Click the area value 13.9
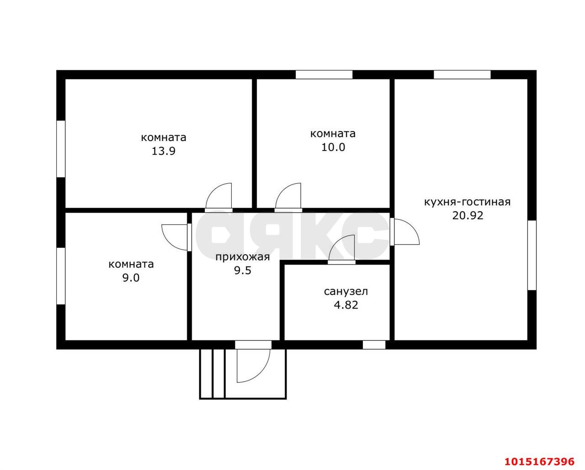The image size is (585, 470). coord(163,151)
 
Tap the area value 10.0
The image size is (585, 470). coord(333,147)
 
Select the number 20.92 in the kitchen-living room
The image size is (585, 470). coord(468,215)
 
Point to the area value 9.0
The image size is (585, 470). coord(131,277)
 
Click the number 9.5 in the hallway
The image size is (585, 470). coord(243,270)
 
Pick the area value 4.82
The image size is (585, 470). coord(346,305)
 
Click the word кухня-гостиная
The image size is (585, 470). coord(467,202)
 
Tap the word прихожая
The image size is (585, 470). coord(243,257)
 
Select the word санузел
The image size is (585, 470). coord(346,292)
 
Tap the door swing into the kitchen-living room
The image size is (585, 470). coord(405,232)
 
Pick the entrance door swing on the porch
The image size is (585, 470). coord(252,365)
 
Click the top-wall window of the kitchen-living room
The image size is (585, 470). coord(462,75)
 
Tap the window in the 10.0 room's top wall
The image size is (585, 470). coord(324,75)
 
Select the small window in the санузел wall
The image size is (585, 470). coord(374,345)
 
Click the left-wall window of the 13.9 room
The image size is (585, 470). coord(61,149)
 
